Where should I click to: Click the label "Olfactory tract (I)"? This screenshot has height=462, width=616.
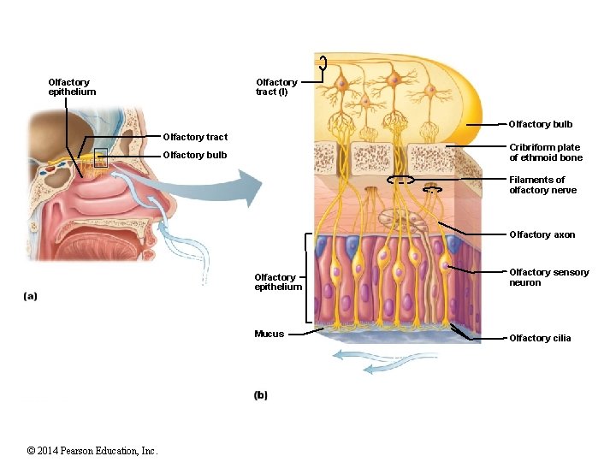(276, 87)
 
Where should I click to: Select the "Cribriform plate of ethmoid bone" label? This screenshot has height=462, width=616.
(546, 152)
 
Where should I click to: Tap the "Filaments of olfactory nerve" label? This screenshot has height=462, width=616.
(543, 185)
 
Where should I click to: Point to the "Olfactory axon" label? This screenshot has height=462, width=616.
(542, 234)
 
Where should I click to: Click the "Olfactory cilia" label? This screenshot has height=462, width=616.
(540, 338)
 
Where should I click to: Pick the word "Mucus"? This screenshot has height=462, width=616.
(269, 334)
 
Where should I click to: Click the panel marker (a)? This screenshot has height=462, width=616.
(31, 296)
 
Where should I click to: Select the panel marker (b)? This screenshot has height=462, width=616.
(261, 395)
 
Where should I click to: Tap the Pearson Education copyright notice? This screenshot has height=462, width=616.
(92, 450)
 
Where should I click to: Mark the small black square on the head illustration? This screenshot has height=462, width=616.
(102, 157)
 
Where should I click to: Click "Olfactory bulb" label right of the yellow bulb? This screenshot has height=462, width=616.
(541, 124)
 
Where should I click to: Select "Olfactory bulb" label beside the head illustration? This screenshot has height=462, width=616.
(195, 155)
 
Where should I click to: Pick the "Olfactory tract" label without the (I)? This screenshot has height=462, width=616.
(195, 137)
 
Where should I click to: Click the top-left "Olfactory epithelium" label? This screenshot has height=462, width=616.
(72, 87)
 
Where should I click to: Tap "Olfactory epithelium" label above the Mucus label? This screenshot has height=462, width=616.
(278, 281)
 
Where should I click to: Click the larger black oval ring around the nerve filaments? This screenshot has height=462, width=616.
(400, 181)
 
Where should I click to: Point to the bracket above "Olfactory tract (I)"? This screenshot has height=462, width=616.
(323, 62)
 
